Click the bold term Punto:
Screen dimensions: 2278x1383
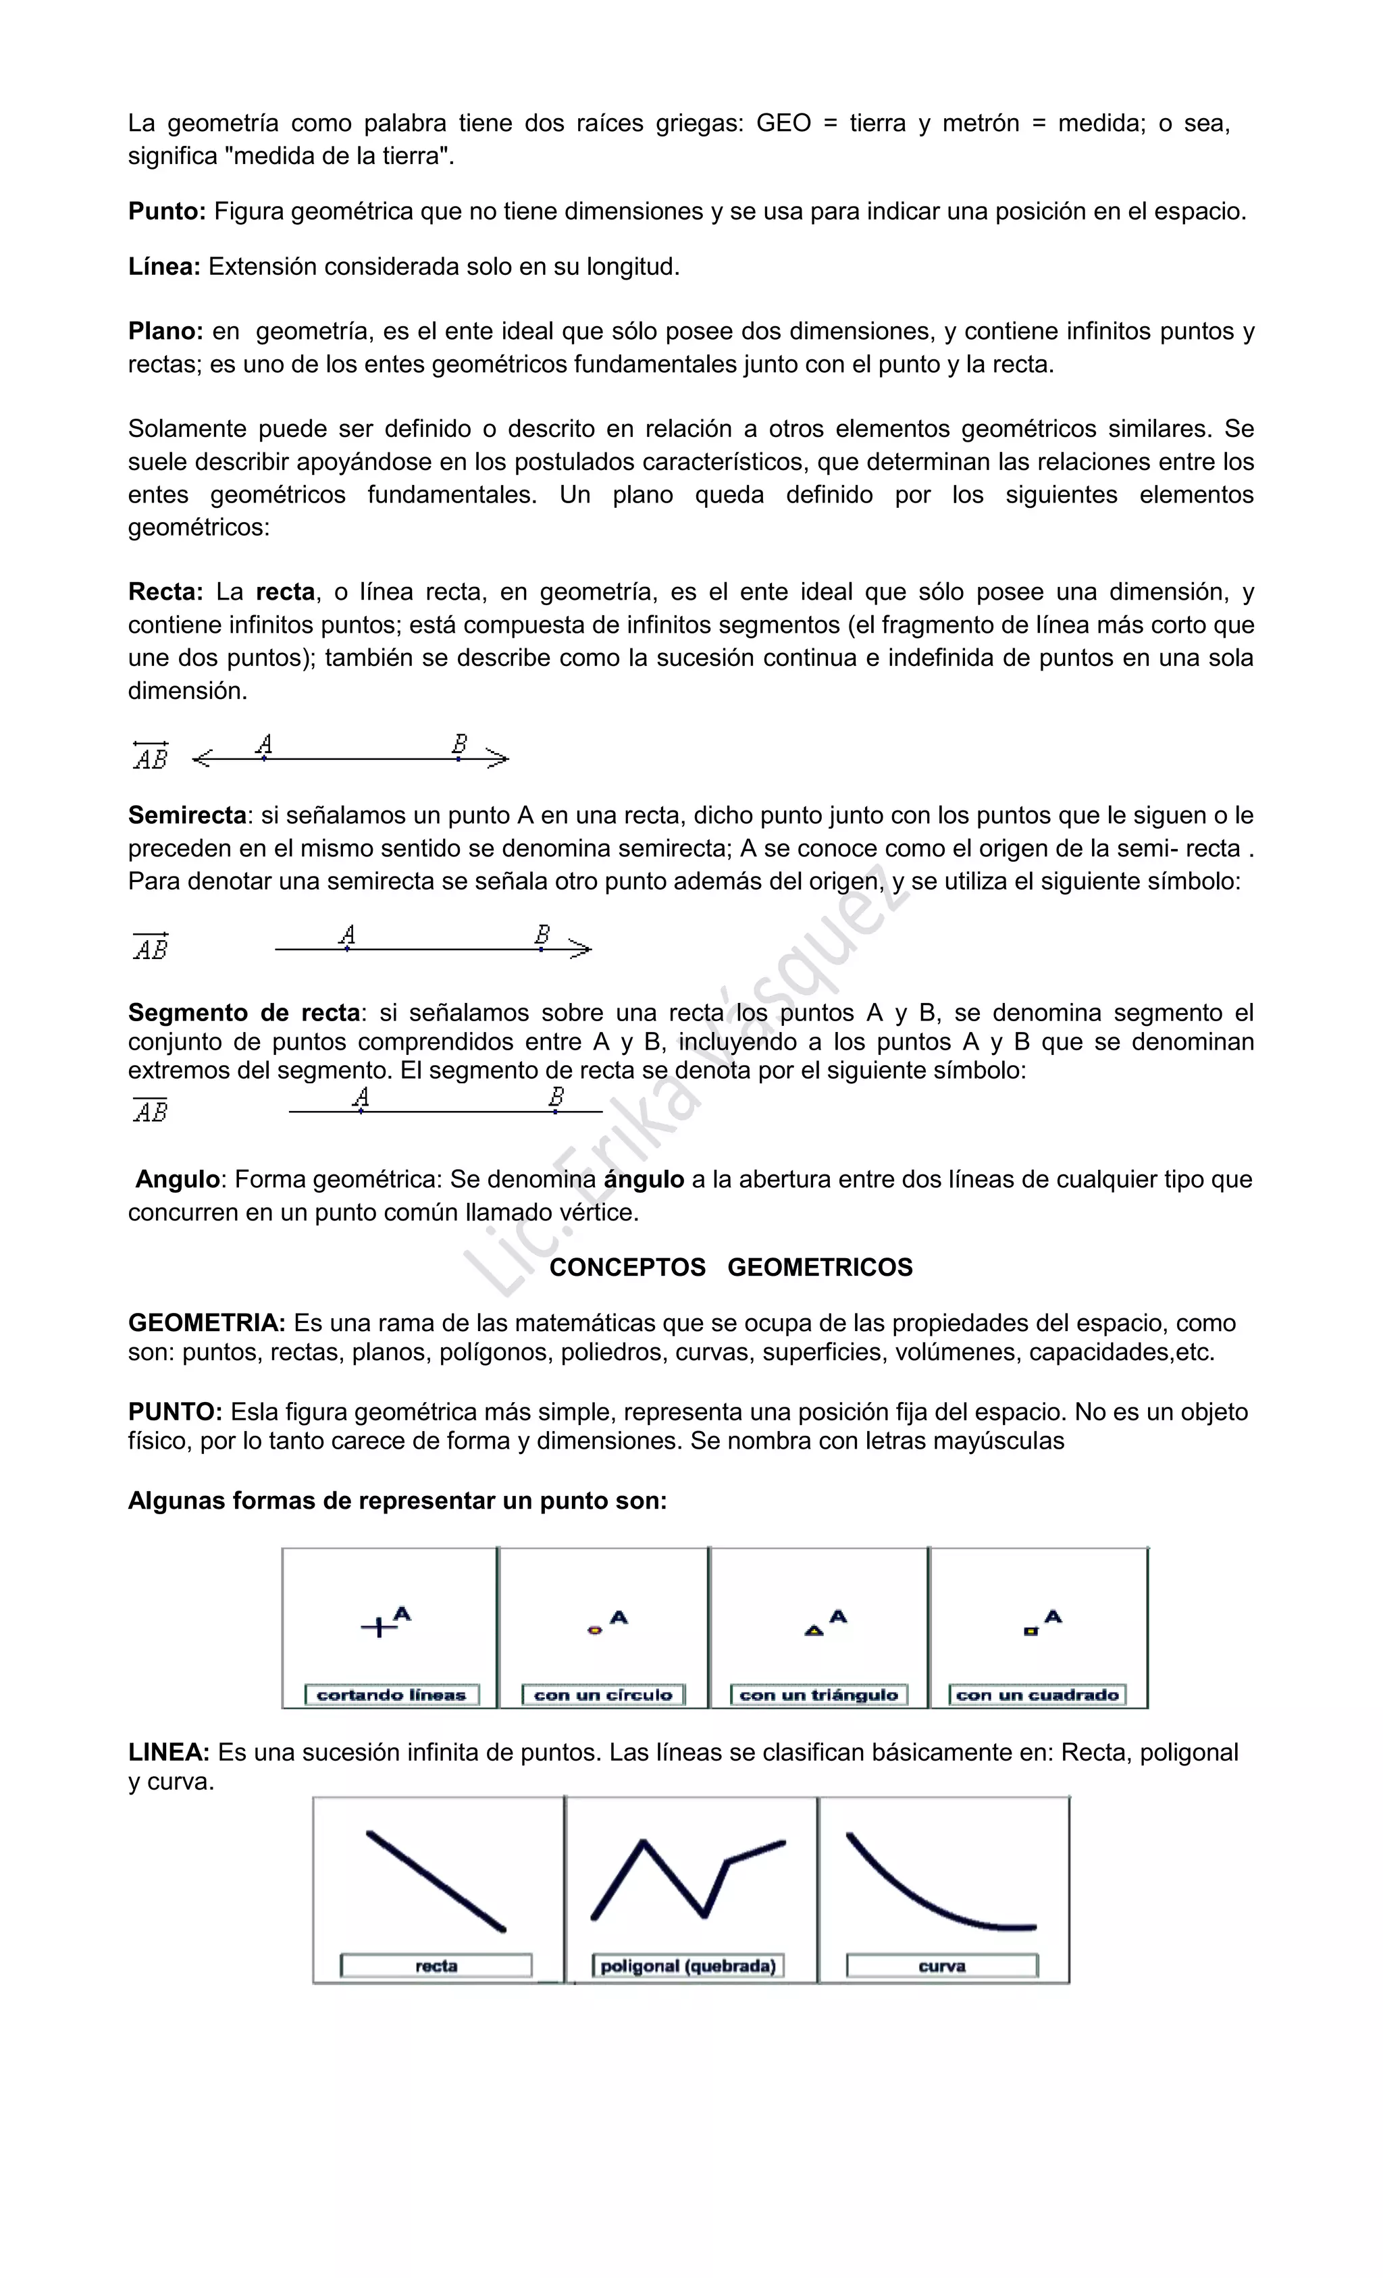click(x=166, y=211)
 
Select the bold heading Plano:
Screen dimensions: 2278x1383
click(x=165, y=331)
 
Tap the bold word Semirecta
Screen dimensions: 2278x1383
click(x=188, y=815)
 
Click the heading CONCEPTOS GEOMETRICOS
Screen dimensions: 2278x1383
click(x=730, y=1268)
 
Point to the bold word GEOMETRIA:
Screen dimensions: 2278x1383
click(x=206, y=1323)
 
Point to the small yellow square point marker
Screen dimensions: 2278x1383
click(x=1030, y=1632)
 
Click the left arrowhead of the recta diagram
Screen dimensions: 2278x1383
click(x=201, y=759)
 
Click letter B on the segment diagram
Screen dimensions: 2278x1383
click(x=556, y=1097)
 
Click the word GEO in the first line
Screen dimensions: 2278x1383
click(x=783, y=123)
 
